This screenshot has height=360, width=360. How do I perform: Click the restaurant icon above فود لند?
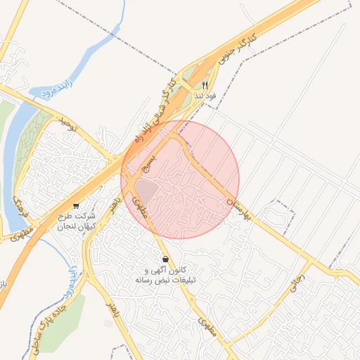pyautogui.click(x=205, y=85)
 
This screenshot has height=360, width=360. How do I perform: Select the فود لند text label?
pyautogui.click(x=205, y=96)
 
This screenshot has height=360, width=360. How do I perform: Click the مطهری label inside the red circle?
pyautogui.click(x=140, y=208)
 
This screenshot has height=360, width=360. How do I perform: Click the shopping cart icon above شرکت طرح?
pyautogui.click(x=76, y=207)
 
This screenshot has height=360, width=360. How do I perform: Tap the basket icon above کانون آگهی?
pyautogui.click(x=165, y=259)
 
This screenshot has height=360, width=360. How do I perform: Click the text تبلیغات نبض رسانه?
pyautogui.click(x=166, y=280)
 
